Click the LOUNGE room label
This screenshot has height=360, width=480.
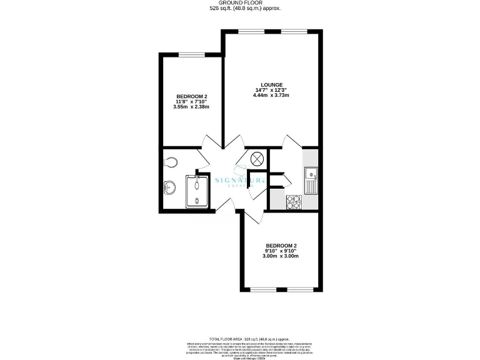pos(272,84)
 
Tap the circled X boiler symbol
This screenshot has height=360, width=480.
pos(257,159)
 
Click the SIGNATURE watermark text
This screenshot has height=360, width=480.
pos(241,181)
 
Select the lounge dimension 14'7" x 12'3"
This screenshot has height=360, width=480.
pos(272,90)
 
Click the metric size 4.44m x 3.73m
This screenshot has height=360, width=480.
pos(272,96)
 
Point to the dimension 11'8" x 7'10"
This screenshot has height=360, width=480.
pos(191,101)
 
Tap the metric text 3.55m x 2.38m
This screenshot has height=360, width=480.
pos(191,107)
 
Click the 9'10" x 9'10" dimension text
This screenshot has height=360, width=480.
pos(281,251)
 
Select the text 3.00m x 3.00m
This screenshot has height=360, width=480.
pos(281,256)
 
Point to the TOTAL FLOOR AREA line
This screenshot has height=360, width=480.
pos(241,337)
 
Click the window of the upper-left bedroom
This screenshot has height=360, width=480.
pos(190,55)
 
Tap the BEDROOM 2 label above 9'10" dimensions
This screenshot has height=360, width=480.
pos(281,245)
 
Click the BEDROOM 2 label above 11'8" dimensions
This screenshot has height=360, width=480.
pos(191,96)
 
